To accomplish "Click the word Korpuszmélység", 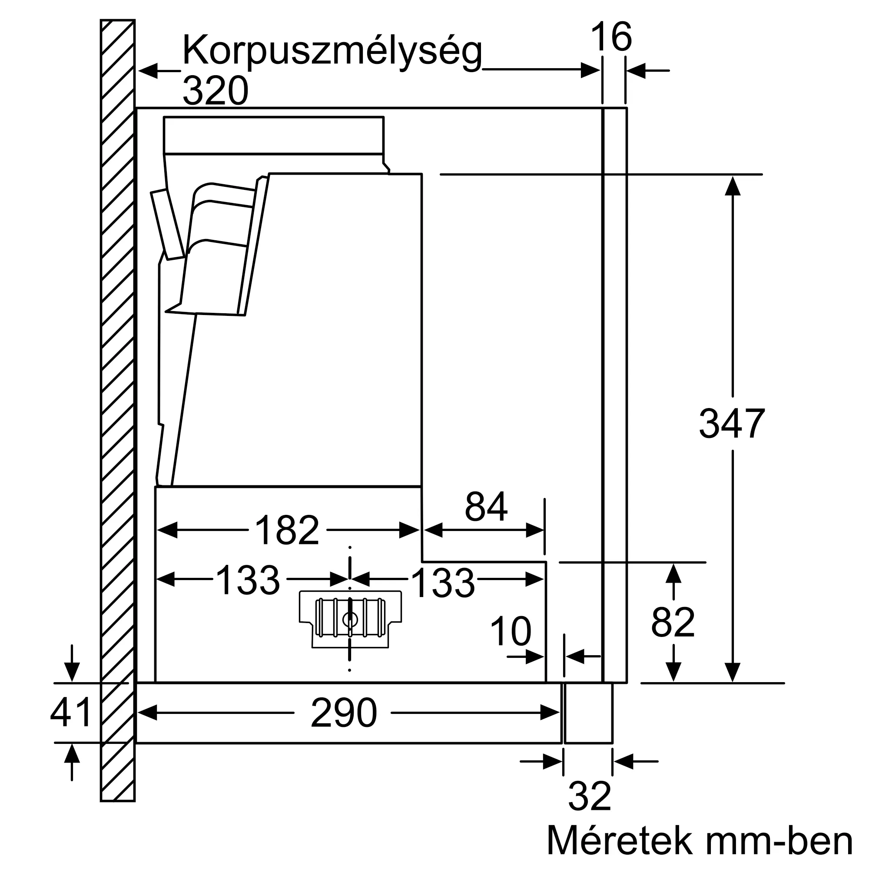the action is [332, 52].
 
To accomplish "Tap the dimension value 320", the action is [216, 91].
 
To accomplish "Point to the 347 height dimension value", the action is [732, 424].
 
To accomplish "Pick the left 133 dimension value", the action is [248, 580].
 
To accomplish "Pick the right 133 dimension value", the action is [443, 584].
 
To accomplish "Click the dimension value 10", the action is [511, 632].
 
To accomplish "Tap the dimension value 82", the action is [673, 623].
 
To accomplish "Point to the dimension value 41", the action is [71, 713].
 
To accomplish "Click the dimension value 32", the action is [589, 796].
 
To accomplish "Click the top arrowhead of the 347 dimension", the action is [733, 186].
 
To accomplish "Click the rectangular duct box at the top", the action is [273, 135].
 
